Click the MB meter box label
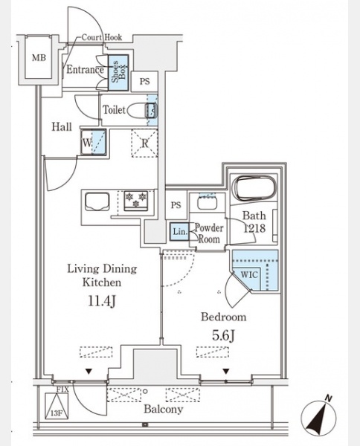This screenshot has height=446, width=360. point(39,58)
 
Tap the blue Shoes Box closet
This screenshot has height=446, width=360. point(118,73)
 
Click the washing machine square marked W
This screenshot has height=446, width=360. point(93,142)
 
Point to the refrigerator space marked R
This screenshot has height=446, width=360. point(144,143)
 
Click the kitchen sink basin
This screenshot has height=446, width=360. point(97,201)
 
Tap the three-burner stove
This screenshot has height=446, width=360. point(136,201)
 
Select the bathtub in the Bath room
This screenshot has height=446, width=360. point(254,188)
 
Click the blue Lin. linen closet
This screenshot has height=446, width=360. point(179,231)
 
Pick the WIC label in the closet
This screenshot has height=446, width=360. point(249,275)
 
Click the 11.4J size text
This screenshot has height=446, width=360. point(102,301)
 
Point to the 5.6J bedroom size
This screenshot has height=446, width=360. point(224,336)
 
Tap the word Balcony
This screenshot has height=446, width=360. point(164,409)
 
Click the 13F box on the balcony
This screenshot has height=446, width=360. point(57,406)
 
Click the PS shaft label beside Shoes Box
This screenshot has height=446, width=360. point(144,81)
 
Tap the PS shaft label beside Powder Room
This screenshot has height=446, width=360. point(176,205)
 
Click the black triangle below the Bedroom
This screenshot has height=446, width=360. point(226,371)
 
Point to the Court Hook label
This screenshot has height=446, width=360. point(102,37)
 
